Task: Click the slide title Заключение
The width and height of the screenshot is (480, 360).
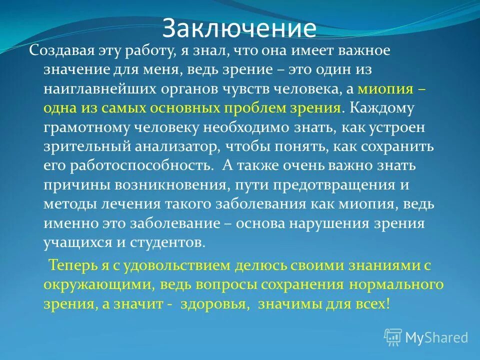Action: [239, 28]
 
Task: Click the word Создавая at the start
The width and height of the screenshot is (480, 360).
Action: [59, 50]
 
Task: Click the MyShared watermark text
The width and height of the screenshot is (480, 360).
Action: [436, 337]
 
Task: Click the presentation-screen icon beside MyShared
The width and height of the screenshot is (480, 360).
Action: [393, 337]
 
